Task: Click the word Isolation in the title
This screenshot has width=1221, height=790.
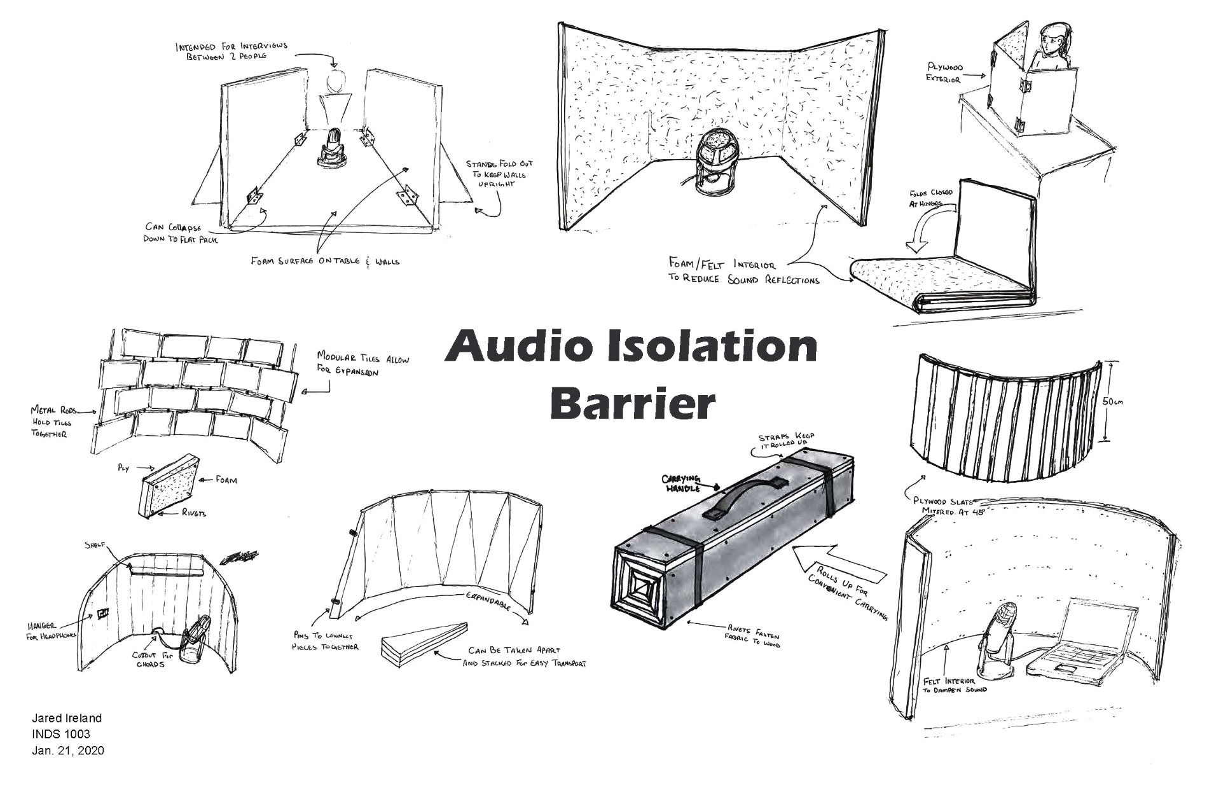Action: click(711, 347)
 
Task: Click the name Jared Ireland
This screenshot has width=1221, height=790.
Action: click(67, 718)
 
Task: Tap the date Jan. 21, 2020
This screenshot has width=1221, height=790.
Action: click(68, 751)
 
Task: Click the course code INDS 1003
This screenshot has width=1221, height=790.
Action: click(61, 734)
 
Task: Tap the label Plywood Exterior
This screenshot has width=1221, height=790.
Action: click(944, 73)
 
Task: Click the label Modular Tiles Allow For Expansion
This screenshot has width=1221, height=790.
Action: click(362, 364)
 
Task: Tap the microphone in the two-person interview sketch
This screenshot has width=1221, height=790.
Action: click(334, 147)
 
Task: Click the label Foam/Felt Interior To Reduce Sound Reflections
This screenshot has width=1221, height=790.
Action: click(743, 272)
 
